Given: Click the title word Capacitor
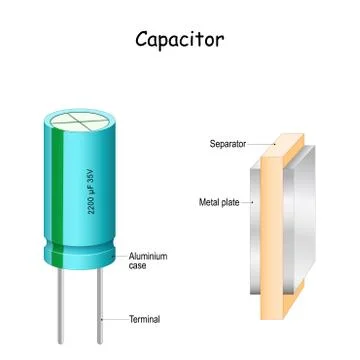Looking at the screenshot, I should coord(180,40).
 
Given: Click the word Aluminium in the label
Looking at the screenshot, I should coord(149,257).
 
